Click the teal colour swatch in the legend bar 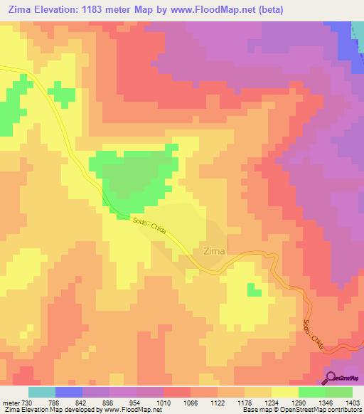pos(42,392)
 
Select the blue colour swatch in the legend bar pos(69,392)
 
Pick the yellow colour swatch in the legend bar pos(285,392)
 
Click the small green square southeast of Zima pos(253,289)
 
